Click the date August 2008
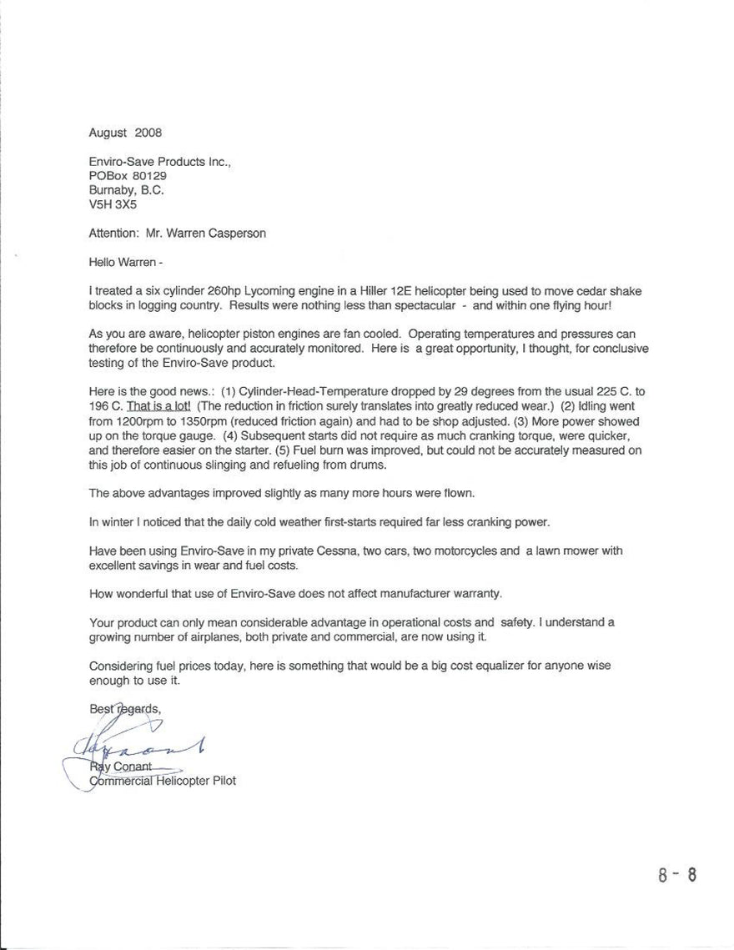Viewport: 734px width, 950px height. pyautogui.click(x=125, y=133)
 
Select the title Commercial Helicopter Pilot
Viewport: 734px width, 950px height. pyautogui.click(x=162, y=782)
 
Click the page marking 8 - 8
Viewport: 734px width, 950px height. pyautogui.click(x=676, y=875)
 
